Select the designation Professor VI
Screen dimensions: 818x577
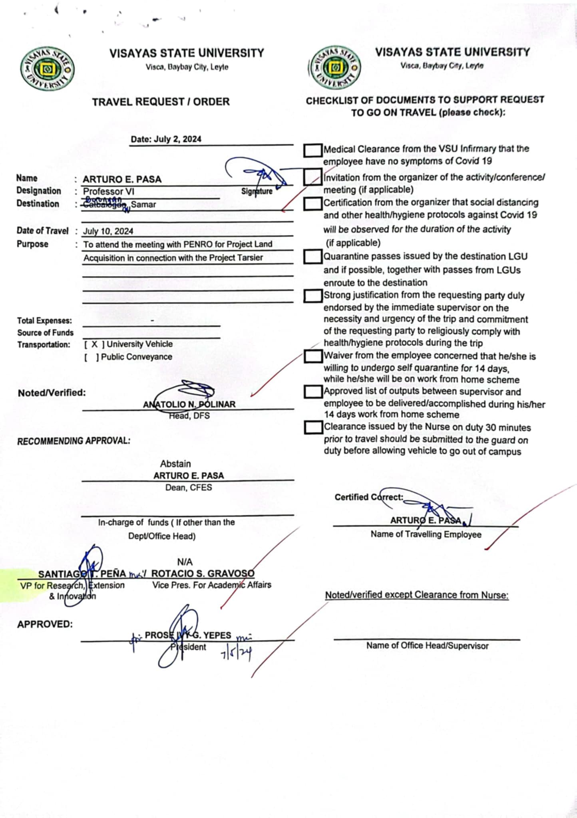108,192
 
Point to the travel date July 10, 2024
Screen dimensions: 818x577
108,231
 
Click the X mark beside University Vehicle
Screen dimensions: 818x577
94,344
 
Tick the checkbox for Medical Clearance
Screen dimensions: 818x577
313,151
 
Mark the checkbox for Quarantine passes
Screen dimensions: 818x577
313,257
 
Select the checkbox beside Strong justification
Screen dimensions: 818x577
313,296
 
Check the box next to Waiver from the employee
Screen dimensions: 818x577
313,356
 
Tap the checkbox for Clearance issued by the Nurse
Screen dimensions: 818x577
313,427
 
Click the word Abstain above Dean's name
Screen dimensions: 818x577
175,464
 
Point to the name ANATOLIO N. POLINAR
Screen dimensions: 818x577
189,405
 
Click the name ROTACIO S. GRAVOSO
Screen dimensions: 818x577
203,574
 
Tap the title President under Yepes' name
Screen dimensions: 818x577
189,647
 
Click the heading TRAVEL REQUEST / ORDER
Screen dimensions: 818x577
161,102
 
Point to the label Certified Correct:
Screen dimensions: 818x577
369,497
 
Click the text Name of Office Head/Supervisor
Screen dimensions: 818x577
427,646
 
